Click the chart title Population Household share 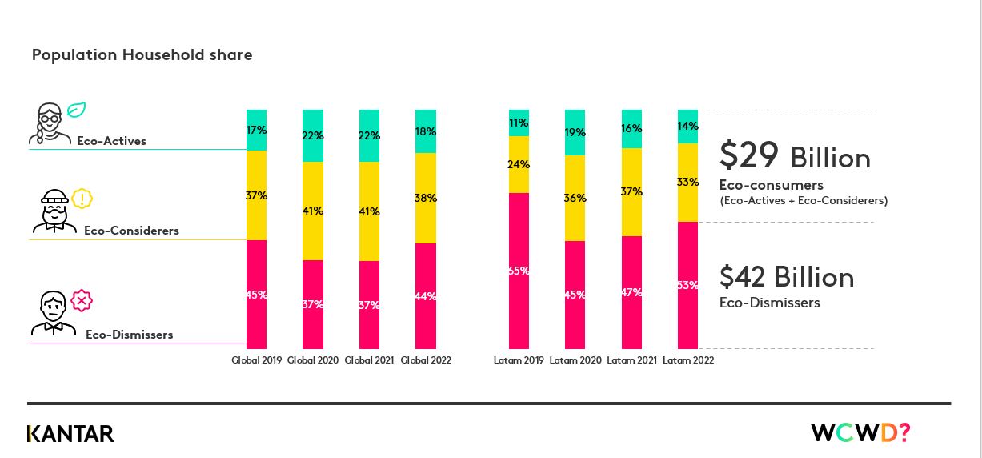[x=142, y=55]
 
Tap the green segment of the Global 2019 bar [x=256, y=130]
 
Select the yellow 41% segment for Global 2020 [x=312, y=211]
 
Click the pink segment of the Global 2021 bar [x=369, y=304]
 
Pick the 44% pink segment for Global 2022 [x=426, y=295]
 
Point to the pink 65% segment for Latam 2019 [x=519, y=271]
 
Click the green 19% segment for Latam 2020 [x=575, y=132]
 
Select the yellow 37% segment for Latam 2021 [x=631, y=191]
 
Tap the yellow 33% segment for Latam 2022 [x=687, y=182]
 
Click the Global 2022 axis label [x=426, y=360]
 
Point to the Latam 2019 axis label [x=519, y=360]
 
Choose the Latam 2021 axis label [x=631, y=360]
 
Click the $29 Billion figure [x=794, y=156]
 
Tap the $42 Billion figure [x=786, y=277]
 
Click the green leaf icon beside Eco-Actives [x=76, y=110]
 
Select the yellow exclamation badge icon [x=82, y=198]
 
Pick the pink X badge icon [x=82, y=301]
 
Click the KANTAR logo [x=70, y=434]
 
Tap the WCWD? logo [x=860, y=433]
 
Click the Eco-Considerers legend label [x=131, y=231]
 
